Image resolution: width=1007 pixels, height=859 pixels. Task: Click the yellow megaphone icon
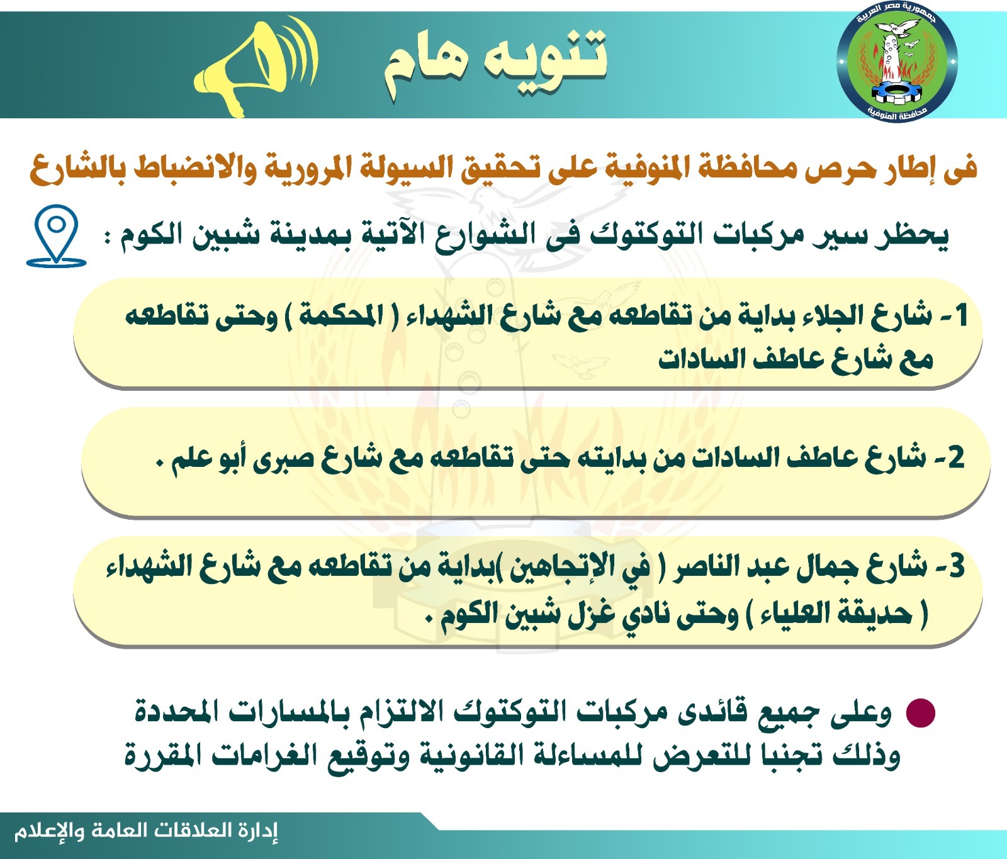[255, 66]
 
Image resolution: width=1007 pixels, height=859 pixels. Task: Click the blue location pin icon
[56, 236]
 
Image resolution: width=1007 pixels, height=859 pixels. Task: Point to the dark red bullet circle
[920, 713]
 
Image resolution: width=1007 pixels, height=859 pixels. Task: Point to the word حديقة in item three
[875, 614]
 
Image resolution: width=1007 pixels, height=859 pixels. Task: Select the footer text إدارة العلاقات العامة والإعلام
[146, 831]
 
